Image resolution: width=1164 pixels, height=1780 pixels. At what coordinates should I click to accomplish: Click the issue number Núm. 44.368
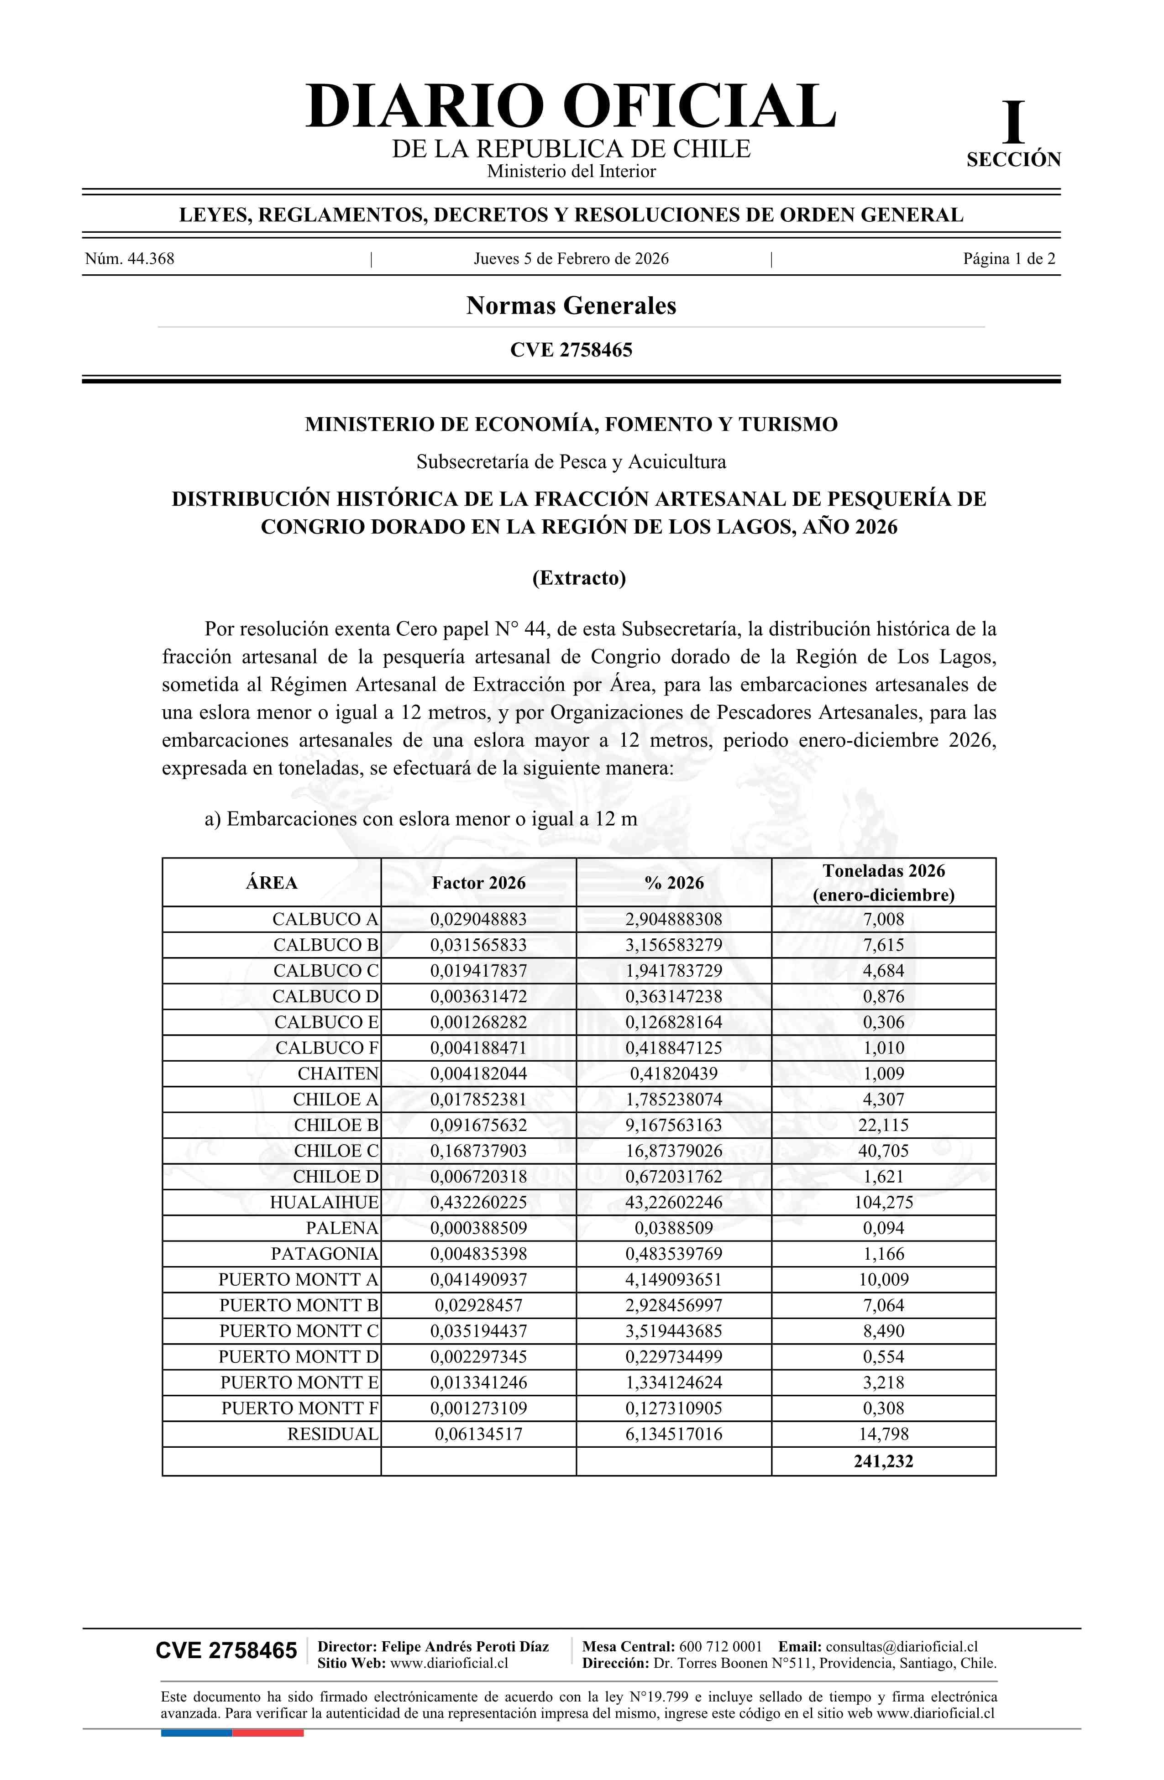point(130,259)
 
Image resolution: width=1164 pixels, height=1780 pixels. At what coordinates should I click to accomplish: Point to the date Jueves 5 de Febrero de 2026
point(571,259)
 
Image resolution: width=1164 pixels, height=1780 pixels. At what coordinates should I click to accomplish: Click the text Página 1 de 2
point(1008,259)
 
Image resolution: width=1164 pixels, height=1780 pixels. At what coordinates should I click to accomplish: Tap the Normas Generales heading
point(571,305)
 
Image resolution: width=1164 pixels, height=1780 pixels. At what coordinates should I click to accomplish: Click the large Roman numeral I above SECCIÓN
point(1013,123)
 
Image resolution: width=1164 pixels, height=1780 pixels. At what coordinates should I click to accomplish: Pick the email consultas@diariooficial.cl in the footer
point(902,1646)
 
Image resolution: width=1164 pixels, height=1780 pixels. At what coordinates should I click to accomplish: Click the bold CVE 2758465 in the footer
point(226,1651)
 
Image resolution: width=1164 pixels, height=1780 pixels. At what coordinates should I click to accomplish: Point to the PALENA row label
point(342,1228)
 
